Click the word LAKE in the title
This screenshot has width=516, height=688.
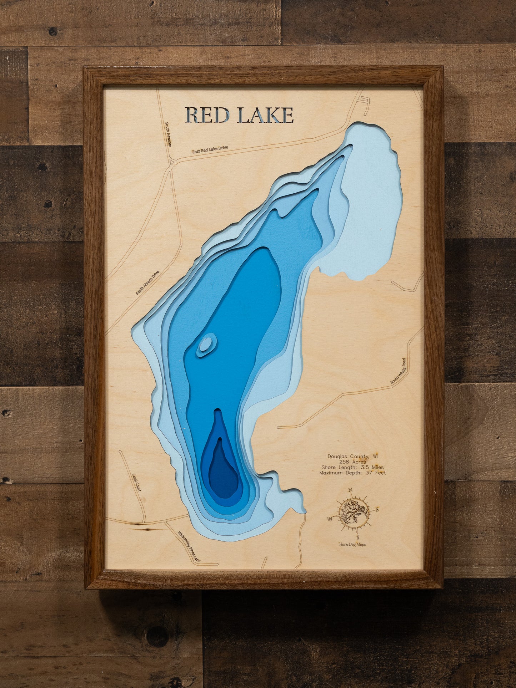[x=265, y=115]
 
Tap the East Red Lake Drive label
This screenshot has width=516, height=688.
[x=210, y=149]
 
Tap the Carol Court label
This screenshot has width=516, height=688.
[x=137, y=482]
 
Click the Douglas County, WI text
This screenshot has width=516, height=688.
[x=353, y=456]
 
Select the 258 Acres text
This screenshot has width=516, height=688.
[x=352, y=462]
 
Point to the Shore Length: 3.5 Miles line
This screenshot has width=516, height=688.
[x=352, y=467]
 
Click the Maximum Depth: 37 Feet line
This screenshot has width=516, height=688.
[x=352, y=473]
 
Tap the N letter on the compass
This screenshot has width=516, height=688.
[x=351, y=490]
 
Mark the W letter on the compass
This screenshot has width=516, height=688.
[x=330, y=519]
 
